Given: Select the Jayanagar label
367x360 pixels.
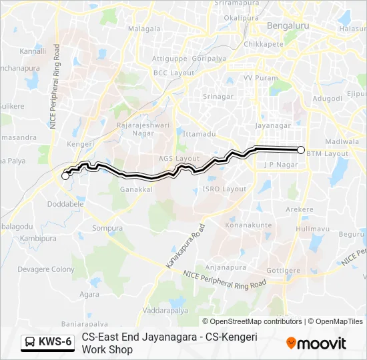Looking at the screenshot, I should (x=274, y=125).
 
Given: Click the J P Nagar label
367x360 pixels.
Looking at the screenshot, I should (x=280, y=164).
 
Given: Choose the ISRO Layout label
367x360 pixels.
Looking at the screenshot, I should (x=224, y=189).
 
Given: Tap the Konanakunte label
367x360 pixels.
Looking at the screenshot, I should (x=248, y=225).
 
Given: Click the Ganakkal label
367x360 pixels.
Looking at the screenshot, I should (x=136, y=189).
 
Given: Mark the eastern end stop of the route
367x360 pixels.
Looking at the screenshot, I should (x=301, y=150).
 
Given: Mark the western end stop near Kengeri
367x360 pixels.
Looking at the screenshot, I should (x=65, y=176).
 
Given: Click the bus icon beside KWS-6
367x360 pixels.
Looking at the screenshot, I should (x=30, y=343).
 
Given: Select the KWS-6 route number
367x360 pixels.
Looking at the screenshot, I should (x=55, y=343).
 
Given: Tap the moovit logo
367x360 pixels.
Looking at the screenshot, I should (x=316, y=343).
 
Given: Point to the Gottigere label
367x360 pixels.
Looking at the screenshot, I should (x=284, y=271).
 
